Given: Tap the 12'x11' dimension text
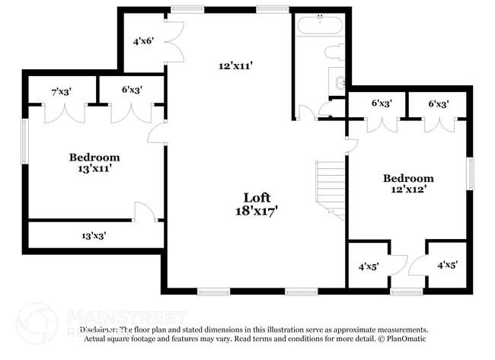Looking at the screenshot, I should [235, 66].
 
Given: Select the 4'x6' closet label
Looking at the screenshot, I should [144, 41].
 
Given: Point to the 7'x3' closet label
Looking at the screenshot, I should [61, 91].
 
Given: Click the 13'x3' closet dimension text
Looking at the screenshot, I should [93, 236].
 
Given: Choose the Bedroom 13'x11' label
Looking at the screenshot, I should [94, 163].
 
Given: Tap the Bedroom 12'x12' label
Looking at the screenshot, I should [407, 183].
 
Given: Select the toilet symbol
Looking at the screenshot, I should [335, 53].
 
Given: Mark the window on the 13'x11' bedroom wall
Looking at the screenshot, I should [25, 140].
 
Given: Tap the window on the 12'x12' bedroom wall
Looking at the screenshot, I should [470, 174].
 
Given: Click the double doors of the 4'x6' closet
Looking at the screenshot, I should [175, 42].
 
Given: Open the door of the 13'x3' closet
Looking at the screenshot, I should [145, 212].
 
